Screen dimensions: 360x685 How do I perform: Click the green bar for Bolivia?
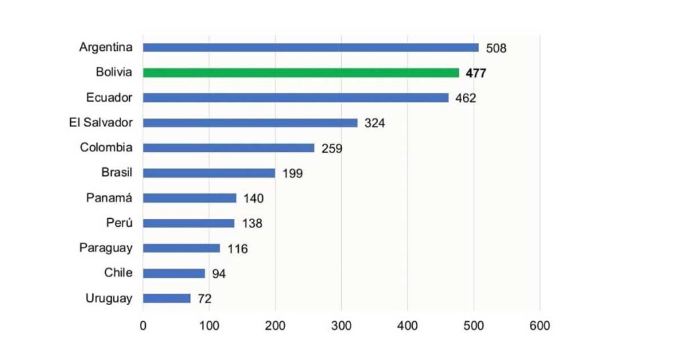pos(301,72)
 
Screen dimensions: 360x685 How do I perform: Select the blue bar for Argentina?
pos(311,48)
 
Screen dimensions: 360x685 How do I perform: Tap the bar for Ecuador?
pos(296,98)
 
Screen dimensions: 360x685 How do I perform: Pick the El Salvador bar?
pos(250,122)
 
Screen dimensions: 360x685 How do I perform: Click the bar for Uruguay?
pos(167,298)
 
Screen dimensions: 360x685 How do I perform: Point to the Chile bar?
pos(174,273)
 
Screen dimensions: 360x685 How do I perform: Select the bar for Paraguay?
pos(181,248)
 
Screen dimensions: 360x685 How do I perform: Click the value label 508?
pos(496,48)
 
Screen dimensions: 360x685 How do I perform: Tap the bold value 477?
pos(476,73)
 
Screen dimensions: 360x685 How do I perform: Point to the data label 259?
pos(332,149)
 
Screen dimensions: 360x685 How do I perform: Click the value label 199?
pos(292,173)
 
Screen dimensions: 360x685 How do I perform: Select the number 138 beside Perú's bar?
pos(252,223)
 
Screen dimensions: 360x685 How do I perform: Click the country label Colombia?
pos(106,147)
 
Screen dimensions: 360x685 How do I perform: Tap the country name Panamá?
pos(110,197)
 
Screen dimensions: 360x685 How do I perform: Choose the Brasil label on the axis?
pos(117,172)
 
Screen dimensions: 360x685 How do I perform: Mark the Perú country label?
pos(119,222)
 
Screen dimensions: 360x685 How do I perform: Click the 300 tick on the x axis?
pos(341,326)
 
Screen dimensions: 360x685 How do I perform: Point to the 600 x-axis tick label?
pos(539,326)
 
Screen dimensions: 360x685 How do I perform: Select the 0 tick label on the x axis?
pos(142,326)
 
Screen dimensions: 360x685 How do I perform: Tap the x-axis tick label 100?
pos(209,326)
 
